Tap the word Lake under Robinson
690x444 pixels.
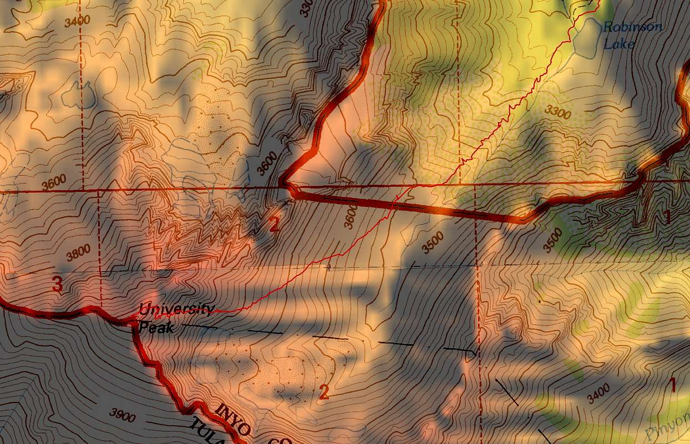(619, 43)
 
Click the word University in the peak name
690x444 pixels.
(175, 310)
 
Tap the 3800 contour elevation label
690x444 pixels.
(78, 253)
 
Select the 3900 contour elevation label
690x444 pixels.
(122, 415)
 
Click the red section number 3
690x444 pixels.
(57, 284)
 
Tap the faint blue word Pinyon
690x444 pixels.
(668, 428)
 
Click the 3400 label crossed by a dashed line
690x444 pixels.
(77, 22)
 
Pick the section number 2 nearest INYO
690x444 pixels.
(324, 393)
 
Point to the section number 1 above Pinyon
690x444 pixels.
(673, 385)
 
